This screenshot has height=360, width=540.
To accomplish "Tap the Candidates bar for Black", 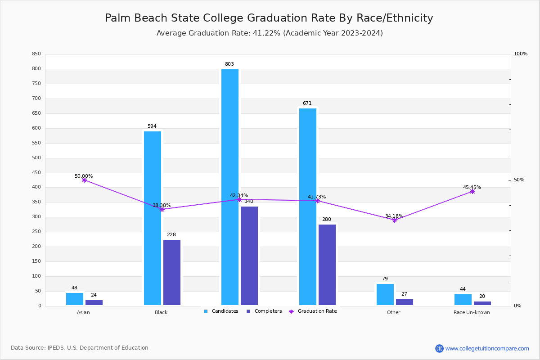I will point(153,218).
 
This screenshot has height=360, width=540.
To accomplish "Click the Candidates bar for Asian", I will point(75,299).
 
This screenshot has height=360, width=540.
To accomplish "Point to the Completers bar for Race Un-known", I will point(482,303).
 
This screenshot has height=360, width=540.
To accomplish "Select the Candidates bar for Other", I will point(385,294).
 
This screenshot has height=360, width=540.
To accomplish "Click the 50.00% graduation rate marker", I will point(84,180).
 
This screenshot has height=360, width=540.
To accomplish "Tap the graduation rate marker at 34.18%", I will point(395,220).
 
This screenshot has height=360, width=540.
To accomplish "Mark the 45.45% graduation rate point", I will point(472,191).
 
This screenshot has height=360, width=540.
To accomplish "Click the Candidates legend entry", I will point(221,311).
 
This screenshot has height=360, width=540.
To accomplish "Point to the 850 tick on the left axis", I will point(36,54).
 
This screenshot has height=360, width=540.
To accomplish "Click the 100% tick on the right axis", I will point(521,54).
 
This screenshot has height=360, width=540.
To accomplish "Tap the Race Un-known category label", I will point(472,312).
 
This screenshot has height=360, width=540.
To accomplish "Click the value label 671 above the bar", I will point(307,103).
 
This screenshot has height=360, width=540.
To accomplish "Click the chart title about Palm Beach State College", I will point(269,18).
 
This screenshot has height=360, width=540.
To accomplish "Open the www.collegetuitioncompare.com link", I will point(487,348).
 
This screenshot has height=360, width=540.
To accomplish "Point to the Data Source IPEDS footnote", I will point(80,348).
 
